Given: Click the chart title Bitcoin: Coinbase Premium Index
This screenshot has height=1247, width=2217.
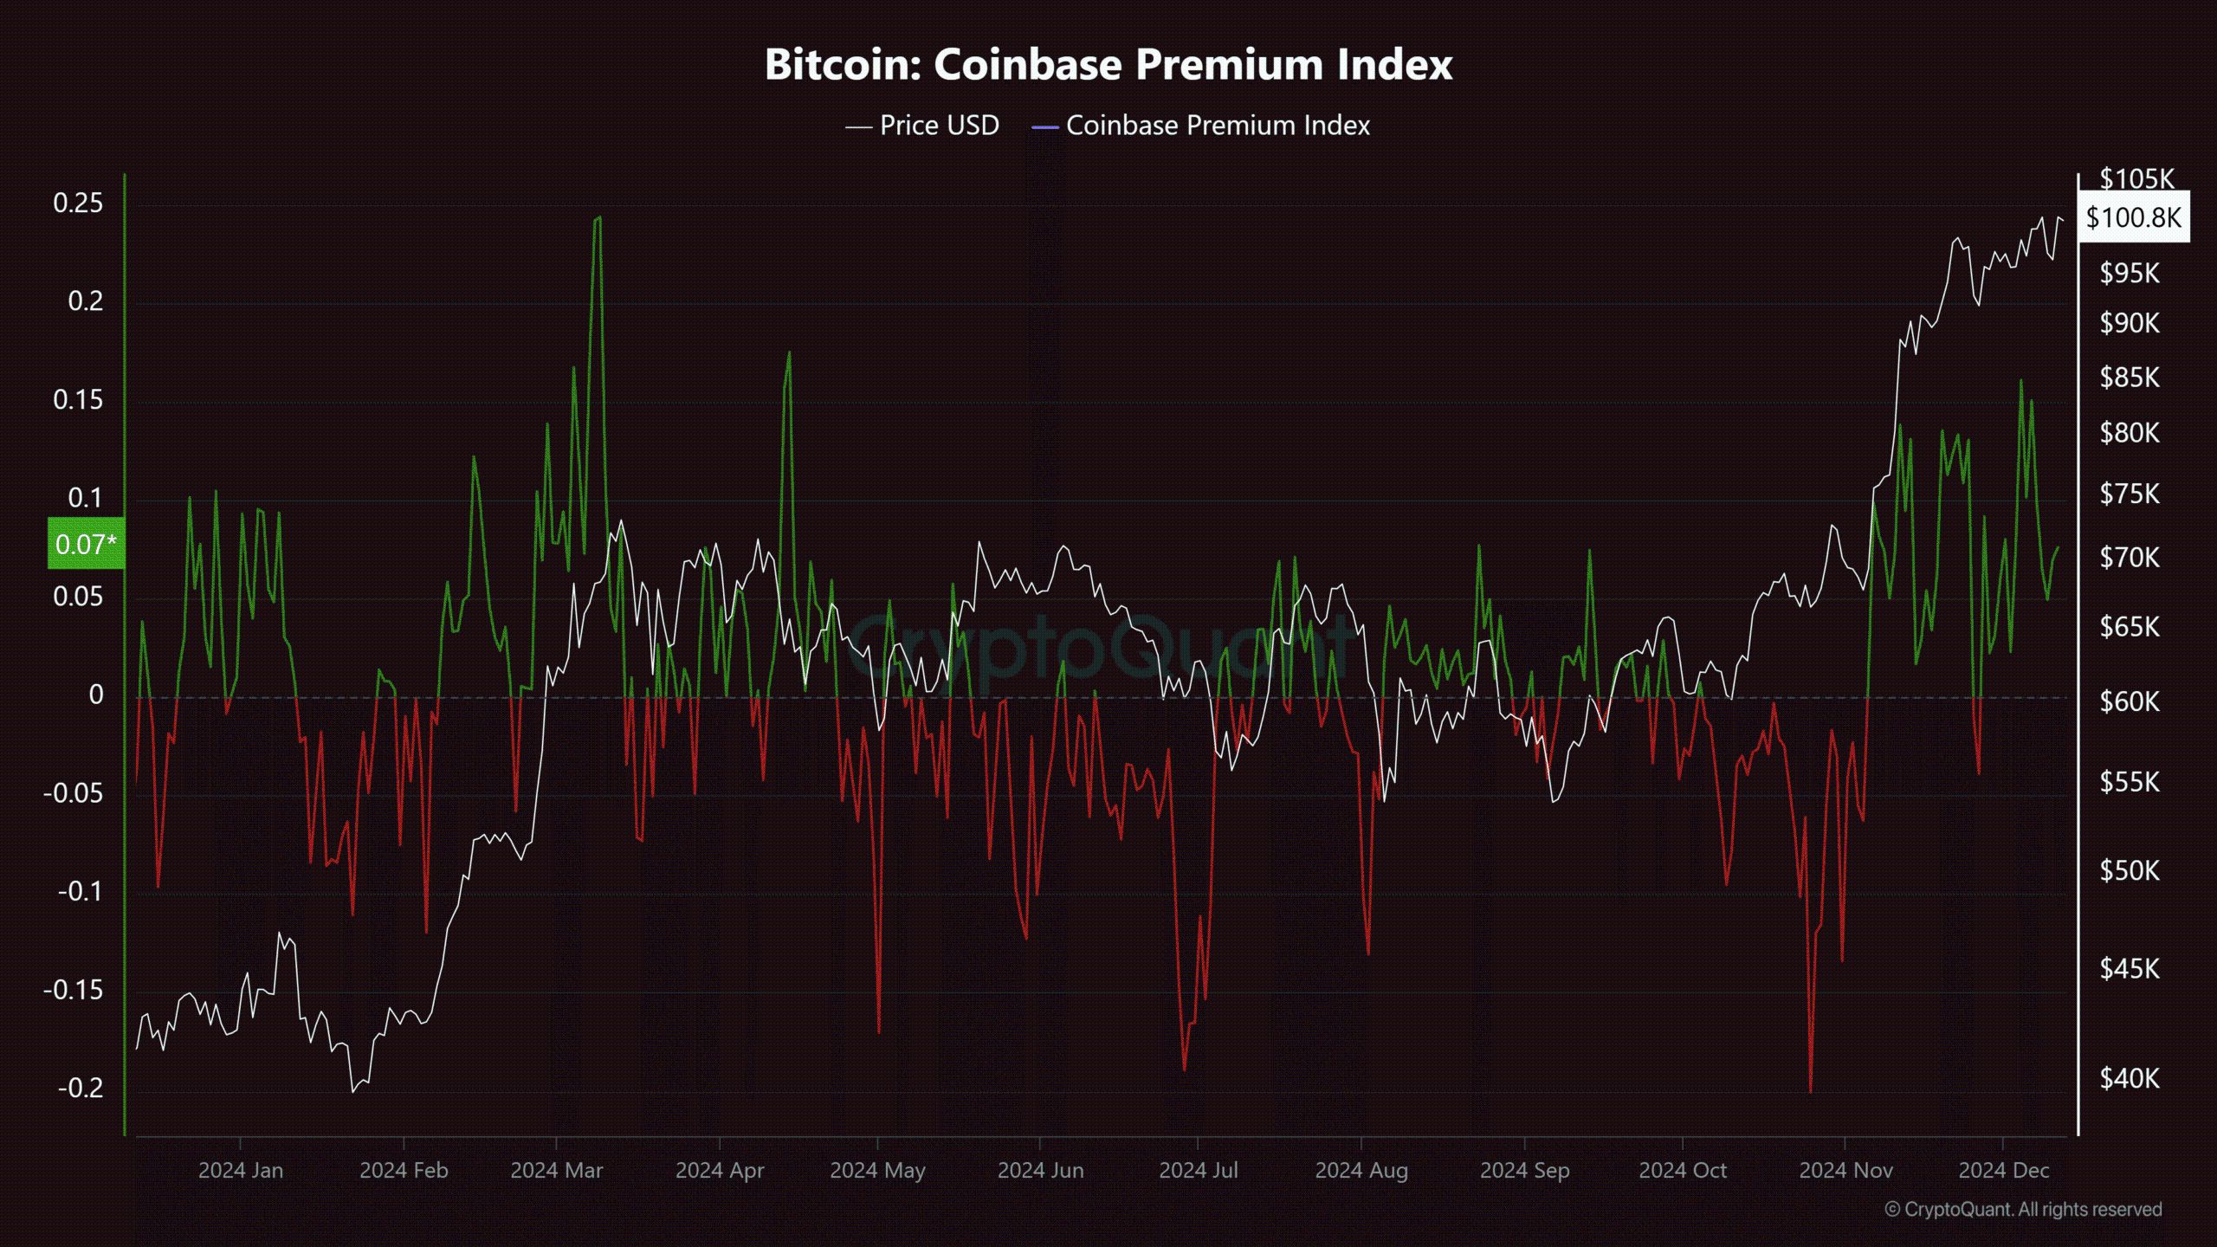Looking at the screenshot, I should point(1108,64).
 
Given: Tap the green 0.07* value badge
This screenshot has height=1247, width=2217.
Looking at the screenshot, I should point(85,544).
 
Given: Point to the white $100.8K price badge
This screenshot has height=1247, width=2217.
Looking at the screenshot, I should point(2133,216).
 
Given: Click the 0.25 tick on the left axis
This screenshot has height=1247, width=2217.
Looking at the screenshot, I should point(78,204).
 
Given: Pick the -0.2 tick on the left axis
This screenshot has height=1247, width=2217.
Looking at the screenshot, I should point(80,1088).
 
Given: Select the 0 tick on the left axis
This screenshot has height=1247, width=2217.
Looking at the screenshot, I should point(95,695).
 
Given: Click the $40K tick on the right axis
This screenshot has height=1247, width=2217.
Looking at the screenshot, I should point(2130,1078).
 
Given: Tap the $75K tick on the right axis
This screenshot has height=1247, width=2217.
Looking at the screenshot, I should point(2130,494).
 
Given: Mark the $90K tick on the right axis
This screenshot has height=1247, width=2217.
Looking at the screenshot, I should point(2130,323).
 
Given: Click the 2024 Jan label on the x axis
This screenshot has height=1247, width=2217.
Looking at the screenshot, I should point(241,1171).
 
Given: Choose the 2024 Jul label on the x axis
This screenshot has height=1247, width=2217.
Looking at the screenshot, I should point(1199,1171).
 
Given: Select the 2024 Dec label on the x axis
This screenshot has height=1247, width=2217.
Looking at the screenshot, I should point(2004,1171).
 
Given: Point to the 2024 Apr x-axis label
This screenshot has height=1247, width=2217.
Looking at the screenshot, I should point(720,1171).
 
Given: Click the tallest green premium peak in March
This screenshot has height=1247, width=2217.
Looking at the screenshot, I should point(598,218).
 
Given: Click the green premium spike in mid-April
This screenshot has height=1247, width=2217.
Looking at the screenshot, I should point(789,353).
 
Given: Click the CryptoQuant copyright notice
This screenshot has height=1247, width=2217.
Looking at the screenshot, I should point(2023,1209).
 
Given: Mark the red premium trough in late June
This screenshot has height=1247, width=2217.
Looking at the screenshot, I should point(1184,1070).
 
